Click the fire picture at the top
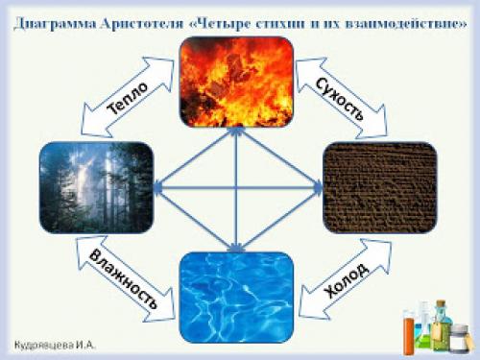[235, 82]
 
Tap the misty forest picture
[96, 186]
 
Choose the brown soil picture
[379, 186]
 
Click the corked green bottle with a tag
[441, 322]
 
